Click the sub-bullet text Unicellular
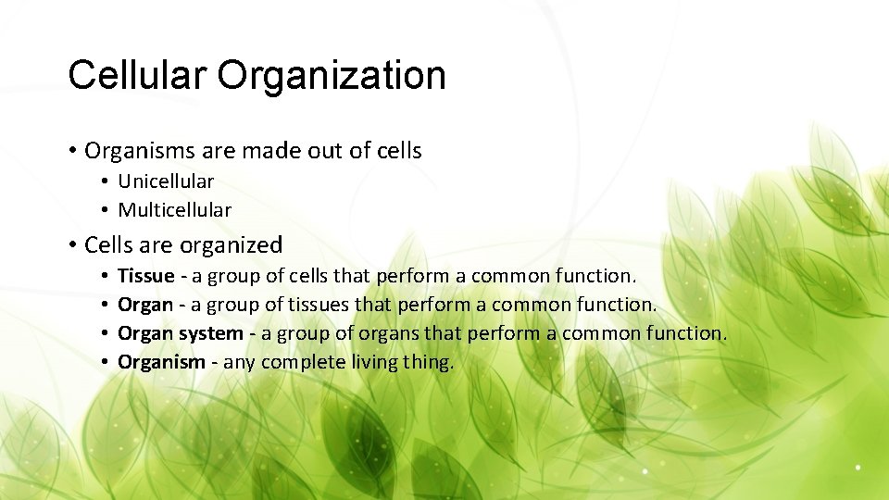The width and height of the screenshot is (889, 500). tap(166, 181)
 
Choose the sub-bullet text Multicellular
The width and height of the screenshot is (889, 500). tap(174, 210)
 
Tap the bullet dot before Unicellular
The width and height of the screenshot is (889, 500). tap(107, 181)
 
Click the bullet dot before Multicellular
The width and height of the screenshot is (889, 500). tap(107, 210)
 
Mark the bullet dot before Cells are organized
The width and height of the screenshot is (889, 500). tap(72, 245)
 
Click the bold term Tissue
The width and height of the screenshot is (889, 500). tap(146, 276)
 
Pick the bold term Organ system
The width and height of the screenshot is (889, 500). tap(180, 333)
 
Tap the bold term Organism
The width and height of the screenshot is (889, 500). tap(161, 362)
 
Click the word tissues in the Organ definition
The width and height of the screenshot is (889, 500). tap(318, 305)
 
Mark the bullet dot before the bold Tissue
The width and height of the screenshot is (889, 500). tap(107, 276)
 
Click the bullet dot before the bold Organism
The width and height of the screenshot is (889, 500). tap(107, 362)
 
